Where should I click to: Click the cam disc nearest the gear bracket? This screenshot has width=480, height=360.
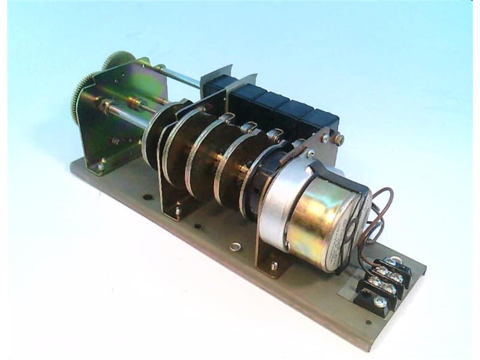point(157,135)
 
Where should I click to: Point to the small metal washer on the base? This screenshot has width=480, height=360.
point(235,246)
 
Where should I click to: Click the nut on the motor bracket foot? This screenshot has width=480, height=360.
point(274,266)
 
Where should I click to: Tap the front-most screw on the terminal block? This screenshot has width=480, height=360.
point(379,302)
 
